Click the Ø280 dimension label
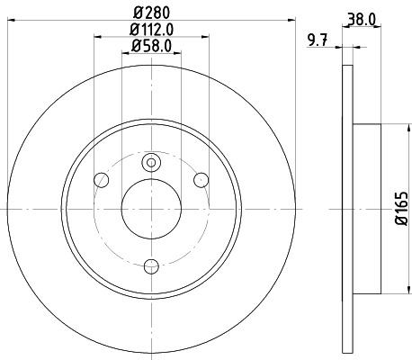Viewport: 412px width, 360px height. coord(151,12)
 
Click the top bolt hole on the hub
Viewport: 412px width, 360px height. coord(151,162)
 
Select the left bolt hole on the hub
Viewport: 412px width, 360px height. coord(102,181)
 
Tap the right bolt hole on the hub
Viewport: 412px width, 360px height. coord(202,181)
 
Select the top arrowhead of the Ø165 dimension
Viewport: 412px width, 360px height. coord(392,127)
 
